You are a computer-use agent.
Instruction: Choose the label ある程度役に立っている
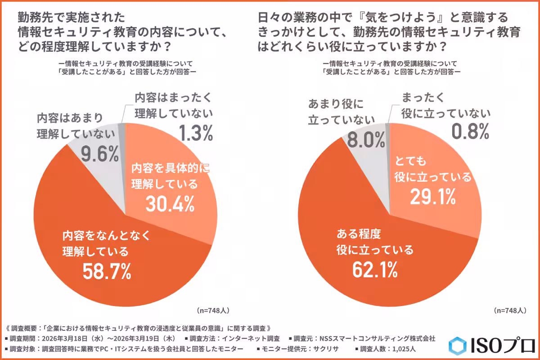(x=374, y=242)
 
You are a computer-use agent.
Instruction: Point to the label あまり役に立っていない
(x=342, y=112)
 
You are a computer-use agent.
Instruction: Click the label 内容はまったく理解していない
(x=173, y=105)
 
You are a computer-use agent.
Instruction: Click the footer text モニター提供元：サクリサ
(x=299, y=349)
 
